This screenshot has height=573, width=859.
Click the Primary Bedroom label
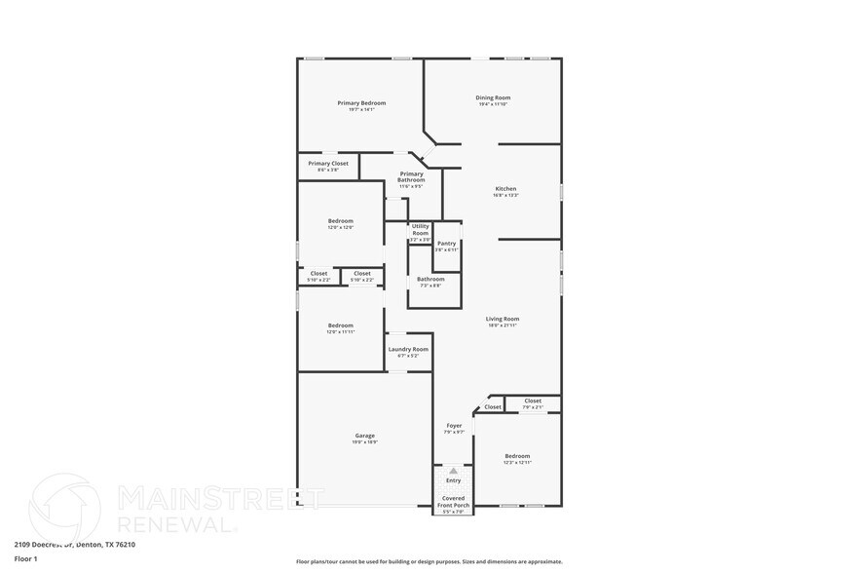tap(361, 103)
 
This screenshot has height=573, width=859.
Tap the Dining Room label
tap(493, 97)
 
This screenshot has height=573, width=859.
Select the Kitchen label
tap(505, 188)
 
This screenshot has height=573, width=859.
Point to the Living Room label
tap(503, 319)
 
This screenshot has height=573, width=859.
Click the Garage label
tap(364, 436)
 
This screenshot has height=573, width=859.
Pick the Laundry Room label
tap(408, 349)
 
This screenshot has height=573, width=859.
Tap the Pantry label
tap(446, 244)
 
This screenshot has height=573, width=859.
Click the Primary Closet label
tap(328, 164)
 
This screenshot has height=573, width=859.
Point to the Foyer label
tap(454, 426)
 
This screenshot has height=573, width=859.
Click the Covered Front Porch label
tap(454, 502)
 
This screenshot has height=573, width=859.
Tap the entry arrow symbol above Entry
tap(453, 471)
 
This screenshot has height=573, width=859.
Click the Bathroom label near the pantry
tap(430, 280)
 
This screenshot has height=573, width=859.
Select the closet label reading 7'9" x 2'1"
tap(533, 406)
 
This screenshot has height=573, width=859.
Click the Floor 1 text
tap(25, 558)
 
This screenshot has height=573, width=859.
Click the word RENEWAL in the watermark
tap(176, 524)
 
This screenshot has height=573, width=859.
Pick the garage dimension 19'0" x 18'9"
tap(364, 442)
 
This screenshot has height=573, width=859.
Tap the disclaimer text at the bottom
tap(429, 561)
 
